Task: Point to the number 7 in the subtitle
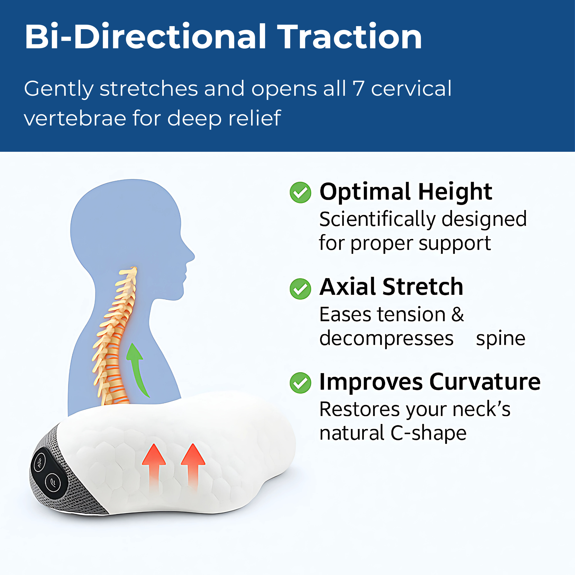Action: coord(358,88)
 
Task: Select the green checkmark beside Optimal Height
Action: coord(300,193)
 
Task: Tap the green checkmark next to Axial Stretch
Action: coord(300,289)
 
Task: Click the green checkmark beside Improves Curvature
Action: coord(300,383)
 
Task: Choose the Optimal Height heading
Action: coord(406,192)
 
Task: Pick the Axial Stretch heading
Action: coord(391,287)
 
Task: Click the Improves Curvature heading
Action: coord(430,382)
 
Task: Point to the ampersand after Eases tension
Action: coord(457,314)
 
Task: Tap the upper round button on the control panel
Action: coord(40,462)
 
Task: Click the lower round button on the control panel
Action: coord(53,482)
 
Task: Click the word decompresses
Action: coord(386,339)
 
